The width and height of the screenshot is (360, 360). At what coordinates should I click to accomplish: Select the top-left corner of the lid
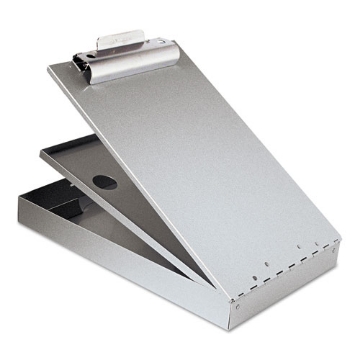pos(47,70)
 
